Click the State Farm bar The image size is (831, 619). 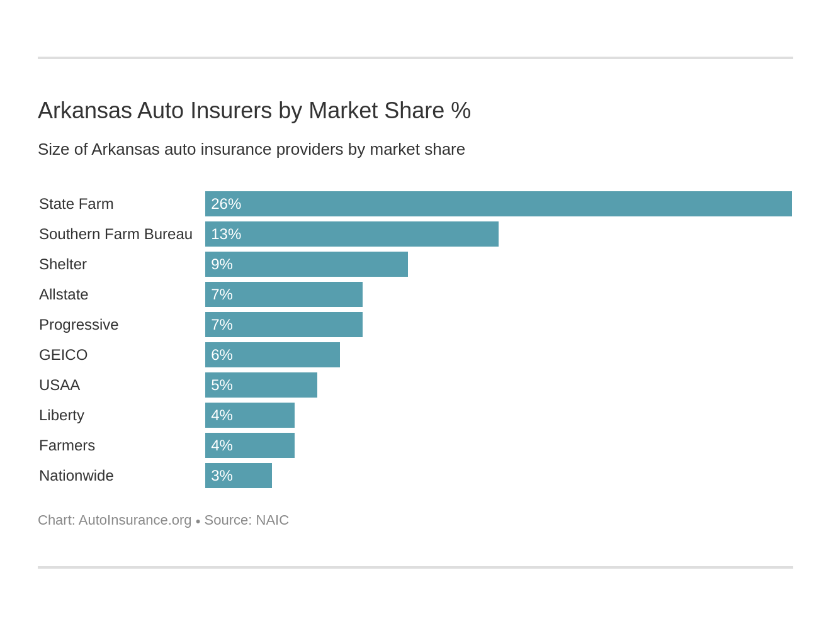pyautogui.click(x=498, y=204)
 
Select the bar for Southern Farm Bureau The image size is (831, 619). pyautogui.click(x=351, y=234)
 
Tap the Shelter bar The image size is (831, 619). pyautogui.click(x=306, y=264)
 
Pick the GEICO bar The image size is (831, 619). pyautogui.click(x=272, y=355)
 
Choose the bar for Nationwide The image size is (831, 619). pyautogui.click(x=238, y=476)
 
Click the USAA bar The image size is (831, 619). pyautogui.click(x=261, y=385)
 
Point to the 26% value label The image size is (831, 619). pyautogui.click(x=226, y=204)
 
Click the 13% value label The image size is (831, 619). pyautogui.click(x=226, y=234)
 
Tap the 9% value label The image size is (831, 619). pyautogui.click(x=222, y=264)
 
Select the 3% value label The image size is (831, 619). pyautogui.click(x=222, y=476)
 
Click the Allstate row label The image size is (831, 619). pyautogui.click(x=64, y=294)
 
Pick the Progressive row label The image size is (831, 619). pyautogui.click(x=79, y=325)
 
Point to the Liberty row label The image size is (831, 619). pyautogui.click(x=62, y=415)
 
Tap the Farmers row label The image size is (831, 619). pyautogui.click(x=67, y=445)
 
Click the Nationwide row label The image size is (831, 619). pyautogui.click(x=76, y=476)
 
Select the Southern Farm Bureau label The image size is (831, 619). pyautogui.click(x=116, y=234)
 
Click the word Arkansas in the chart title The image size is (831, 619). pyautogui.click(x=84, y=111)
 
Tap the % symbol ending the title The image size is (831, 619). pyautogui.click(x=461, y=111)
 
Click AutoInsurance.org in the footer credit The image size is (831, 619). pyautogui.click(x=135, y=520)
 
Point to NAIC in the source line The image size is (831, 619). pyautogui.click(x=272, y=520)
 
